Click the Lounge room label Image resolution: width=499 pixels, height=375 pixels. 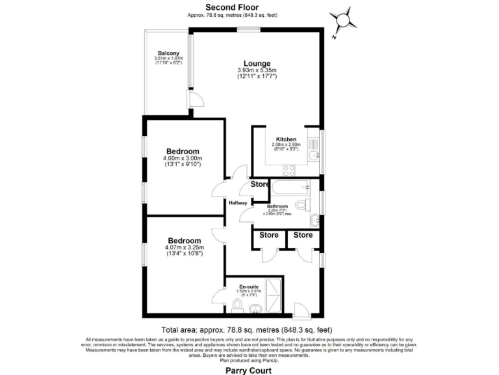pyautogui.click(x=257, y=63)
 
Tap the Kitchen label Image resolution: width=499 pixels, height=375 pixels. pyautogui.click(x=286, y=139)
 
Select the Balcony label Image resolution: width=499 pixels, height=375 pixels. pyautogui.click(x=168, y=53)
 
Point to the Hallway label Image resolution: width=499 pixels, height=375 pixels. pyautogui.click(x=237, y=202)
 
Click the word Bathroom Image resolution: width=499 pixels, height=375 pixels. pyautogui.click(x=281, y=206)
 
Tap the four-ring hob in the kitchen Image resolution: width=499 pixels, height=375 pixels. pyautogui.click(x=288, y=169)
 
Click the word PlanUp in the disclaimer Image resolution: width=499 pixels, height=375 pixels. pyautogui.click(x=270, y=359)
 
